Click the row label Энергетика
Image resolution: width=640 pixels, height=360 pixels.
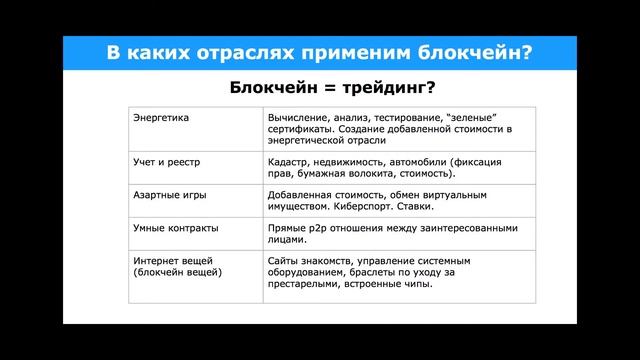(161, 117)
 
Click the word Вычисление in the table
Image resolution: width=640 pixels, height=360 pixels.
(298, 117)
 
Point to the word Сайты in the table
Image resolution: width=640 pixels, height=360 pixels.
(285, 261)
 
